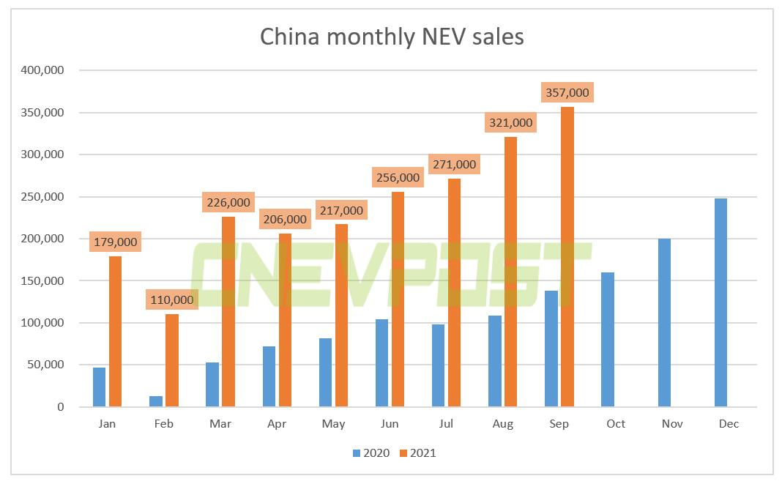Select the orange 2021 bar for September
[567, 256]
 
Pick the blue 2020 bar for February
[155, 401]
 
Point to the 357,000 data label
[567, 93]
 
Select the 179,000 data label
[114, 241]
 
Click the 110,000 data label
[171, 299]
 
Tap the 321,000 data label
[510, 122]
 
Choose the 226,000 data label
[228, 202]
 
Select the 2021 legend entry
[417, 453]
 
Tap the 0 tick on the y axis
[62, 407]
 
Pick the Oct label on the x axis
[616, 424]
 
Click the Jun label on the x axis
[390, 424]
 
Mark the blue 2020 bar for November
[664, 322]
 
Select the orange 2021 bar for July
[454, 293]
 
